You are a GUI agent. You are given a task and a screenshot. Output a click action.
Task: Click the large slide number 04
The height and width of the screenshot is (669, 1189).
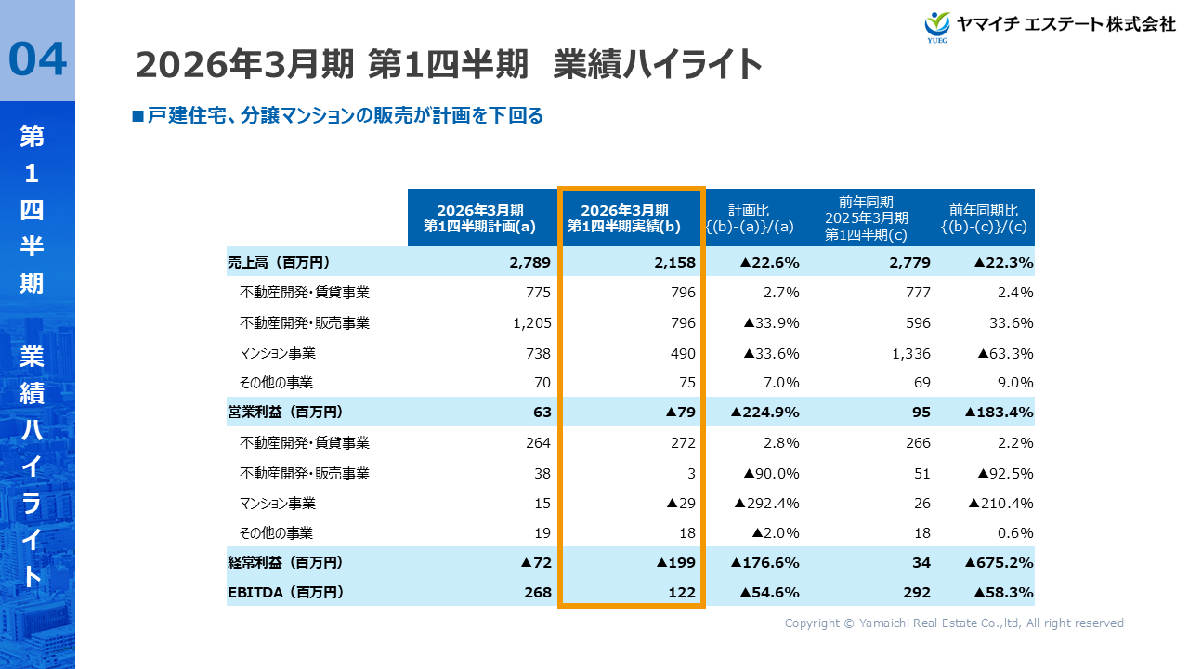click(38, 59)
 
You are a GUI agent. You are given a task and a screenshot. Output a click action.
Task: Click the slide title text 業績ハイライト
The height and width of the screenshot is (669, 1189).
click(657, 65)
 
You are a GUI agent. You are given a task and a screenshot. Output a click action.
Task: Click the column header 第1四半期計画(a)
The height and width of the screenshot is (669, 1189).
click(480, 217)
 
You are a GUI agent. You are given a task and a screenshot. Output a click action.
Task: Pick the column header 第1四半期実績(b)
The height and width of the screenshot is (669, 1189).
click(631, 217)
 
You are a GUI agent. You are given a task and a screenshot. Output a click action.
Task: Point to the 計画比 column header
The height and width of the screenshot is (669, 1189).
click(748, 217)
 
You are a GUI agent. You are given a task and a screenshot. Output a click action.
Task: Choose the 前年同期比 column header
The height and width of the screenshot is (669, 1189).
click(983, 217)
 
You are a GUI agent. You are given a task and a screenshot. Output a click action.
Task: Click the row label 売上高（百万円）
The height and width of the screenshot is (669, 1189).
click(279, 262)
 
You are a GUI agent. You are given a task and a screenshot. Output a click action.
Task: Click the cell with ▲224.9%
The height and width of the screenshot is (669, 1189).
click(764, 412)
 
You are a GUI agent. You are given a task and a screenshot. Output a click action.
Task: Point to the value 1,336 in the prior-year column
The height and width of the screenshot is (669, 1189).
click(910, 353)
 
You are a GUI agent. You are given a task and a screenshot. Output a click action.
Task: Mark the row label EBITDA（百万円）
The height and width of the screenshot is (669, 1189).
click(285, 592)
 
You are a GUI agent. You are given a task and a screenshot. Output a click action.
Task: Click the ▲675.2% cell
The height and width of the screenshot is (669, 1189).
click(999, 562)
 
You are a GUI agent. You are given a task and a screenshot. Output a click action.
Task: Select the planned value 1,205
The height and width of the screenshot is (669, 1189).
click(532, 323)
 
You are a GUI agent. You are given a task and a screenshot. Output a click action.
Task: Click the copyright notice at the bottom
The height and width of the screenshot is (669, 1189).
click(954, 623)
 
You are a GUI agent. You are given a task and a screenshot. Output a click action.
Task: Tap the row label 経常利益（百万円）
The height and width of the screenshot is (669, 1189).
click(285, 562)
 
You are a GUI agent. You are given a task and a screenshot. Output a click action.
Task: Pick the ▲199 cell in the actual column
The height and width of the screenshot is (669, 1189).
click(675, 562)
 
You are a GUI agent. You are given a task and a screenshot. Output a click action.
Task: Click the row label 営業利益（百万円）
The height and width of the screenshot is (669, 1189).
click(285, 412)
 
